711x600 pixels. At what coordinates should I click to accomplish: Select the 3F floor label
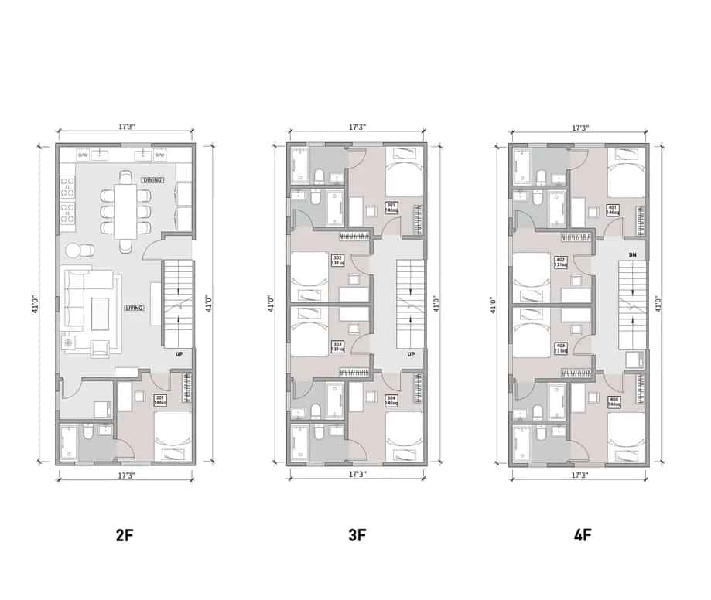pos(356,534)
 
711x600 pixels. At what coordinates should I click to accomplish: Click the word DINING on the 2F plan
pos(152,180)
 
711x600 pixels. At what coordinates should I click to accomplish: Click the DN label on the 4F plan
pos(632,254)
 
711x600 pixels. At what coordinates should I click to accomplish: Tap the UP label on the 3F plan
pos(411,355)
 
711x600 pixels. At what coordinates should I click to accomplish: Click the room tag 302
pos(337,260)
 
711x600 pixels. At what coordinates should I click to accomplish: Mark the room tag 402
pos(560,262)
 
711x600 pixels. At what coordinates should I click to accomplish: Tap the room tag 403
pos(560,348)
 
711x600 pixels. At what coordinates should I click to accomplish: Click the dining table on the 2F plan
pos(125,206)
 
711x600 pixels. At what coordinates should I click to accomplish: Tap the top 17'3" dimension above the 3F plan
pos(357,126)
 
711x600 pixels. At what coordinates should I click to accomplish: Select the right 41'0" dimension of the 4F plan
pos(658,304)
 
